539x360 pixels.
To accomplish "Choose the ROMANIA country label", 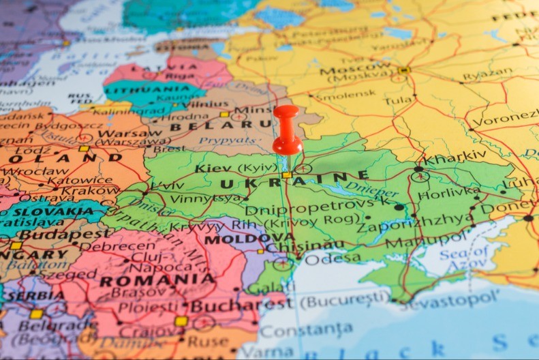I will tap(157, 280).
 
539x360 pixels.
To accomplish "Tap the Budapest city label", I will tap(55, 234).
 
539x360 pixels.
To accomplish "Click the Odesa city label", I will tap(333, 258).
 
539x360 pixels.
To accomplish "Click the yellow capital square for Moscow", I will tap(404, 70).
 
